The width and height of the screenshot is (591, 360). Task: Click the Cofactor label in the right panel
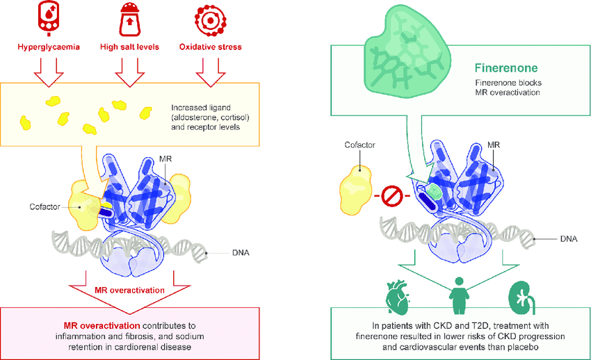[x=359, y=146]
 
